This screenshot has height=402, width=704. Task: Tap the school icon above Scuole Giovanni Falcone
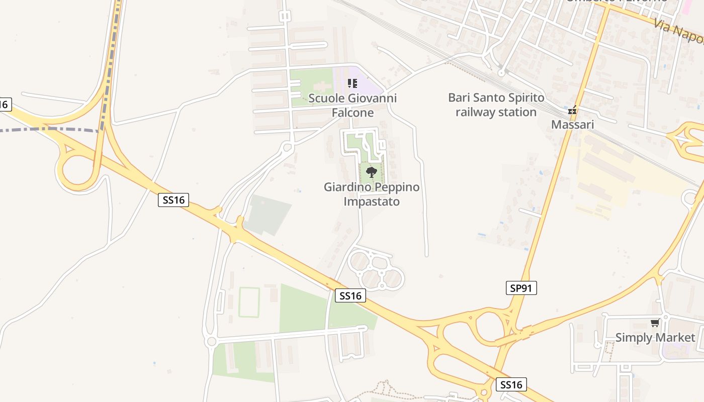[x=352, y=83]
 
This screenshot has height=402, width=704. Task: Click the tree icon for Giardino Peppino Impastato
[x=371, y=172]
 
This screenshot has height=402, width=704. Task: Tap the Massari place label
[x=572, y=124]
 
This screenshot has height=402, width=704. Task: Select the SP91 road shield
[x=521, y=288]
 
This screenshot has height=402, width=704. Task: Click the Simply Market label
[x=655, y=337]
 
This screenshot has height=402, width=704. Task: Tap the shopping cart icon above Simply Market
[x=655, y=323]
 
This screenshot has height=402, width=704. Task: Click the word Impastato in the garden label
[x=371, y=202]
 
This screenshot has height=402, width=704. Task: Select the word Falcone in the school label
[x=352, y=113]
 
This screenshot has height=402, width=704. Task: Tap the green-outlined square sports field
[x=249, y=302]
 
